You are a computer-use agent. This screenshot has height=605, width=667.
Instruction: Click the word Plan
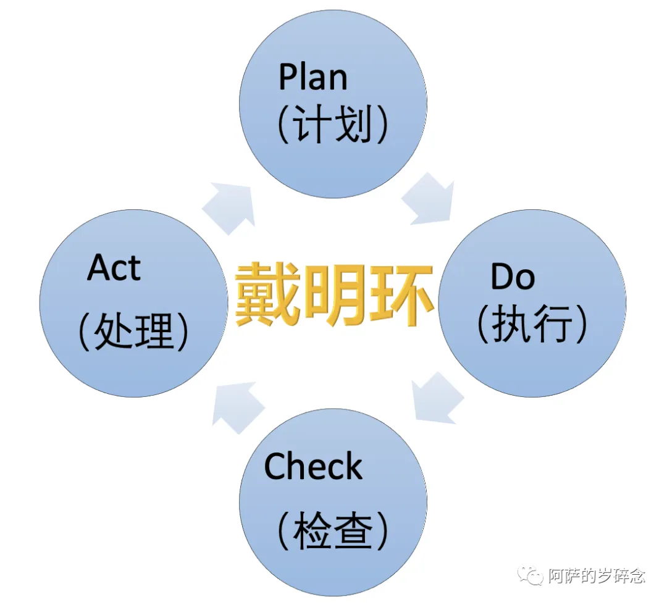pos(313,77)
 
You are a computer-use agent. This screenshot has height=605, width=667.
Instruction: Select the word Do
pos(512,277)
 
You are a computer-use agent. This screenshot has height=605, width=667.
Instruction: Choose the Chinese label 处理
pos(133,333)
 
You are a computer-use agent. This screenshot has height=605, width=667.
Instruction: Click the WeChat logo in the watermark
pos(532,576)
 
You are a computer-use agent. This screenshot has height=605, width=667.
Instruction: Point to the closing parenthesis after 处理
pos(182,333)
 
